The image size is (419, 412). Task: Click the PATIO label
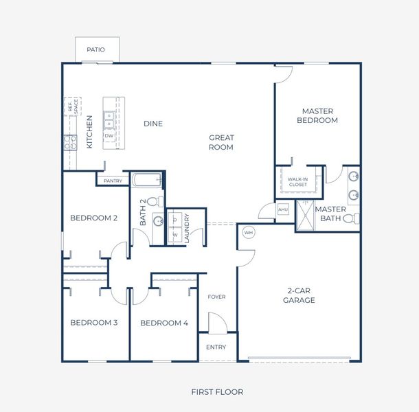click(x=95, y=50)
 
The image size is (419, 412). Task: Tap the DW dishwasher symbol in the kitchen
click(x=109, y=136)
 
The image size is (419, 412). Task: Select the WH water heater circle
click(x=249, y=231)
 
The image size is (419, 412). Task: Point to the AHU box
click(x=283, y=209)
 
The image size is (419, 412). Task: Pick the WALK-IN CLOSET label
click(x=297, y=181)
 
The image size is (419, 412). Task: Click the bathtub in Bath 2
click(x=146, y=182)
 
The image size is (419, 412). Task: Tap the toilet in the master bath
click(x=350, y=219)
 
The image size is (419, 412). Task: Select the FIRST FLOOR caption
click(x=216, y=392)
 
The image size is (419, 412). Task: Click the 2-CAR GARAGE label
click(x=301, y=295)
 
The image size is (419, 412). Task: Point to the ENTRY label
click(x=216, y=347)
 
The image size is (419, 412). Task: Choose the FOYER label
click(x=216, y=297)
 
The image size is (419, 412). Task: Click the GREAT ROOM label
click(x=221, y=142)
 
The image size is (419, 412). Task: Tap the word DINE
click(x=153, y=124)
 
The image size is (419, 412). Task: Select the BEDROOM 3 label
click(x=93, y=323)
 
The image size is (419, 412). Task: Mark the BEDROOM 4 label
click(x=163, y=323)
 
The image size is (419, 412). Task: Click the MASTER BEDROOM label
click(x=317, y=115)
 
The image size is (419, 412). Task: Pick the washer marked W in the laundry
click(x=175, y=234)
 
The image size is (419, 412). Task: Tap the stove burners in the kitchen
click(x=70, y=142)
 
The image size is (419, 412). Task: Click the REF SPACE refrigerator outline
click(x=71, y=106)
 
